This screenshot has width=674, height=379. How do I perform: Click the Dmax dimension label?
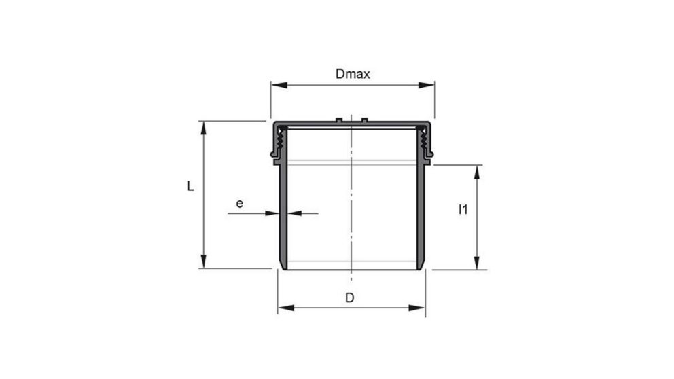pos(353,74)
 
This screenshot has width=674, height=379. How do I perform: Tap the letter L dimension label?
pos(191,186)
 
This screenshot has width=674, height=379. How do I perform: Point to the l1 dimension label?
pos(463,210)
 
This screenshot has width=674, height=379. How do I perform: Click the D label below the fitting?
pos(349,297)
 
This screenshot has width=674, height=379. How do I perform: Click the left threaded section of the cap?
pos(281,141)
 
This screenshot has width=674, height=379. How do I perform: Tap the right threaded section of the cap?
pos(424,141)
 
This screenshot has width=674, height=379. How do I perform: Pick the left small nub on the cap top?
pos(338,120)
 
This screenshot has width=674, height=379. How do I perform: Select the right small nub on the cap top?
pos(364,120)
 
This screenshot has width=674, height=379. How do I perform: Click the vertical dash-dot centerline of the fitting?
pos(351,204)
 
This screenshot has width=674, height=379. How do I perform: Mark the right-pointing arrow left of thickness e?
pos(272,213)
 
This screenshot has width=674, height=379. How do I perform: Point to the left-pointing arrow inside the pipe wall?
pos(296,213)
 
